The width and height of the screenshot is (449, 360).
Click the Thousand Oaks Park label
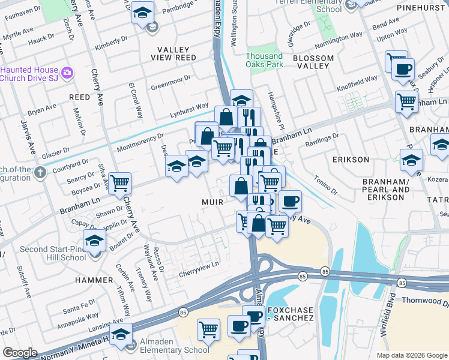click(x=264, y=60)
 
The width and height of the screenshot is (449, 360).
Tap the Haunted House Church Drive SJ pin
click(x=67, y=73)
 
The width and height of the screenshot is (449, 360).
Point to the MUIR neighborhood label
click(x=211, y=202)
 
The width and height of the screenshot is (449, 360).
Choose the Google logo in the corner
click(x=20, y=353)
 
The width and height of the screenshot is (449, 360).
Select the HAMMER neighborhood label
click(x=94, y=280)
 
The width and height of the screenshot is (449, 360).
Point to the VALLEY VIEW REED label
click(x=176, y=53)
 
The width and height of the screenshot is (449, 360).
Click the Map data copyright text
click(x=411, y=355)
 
